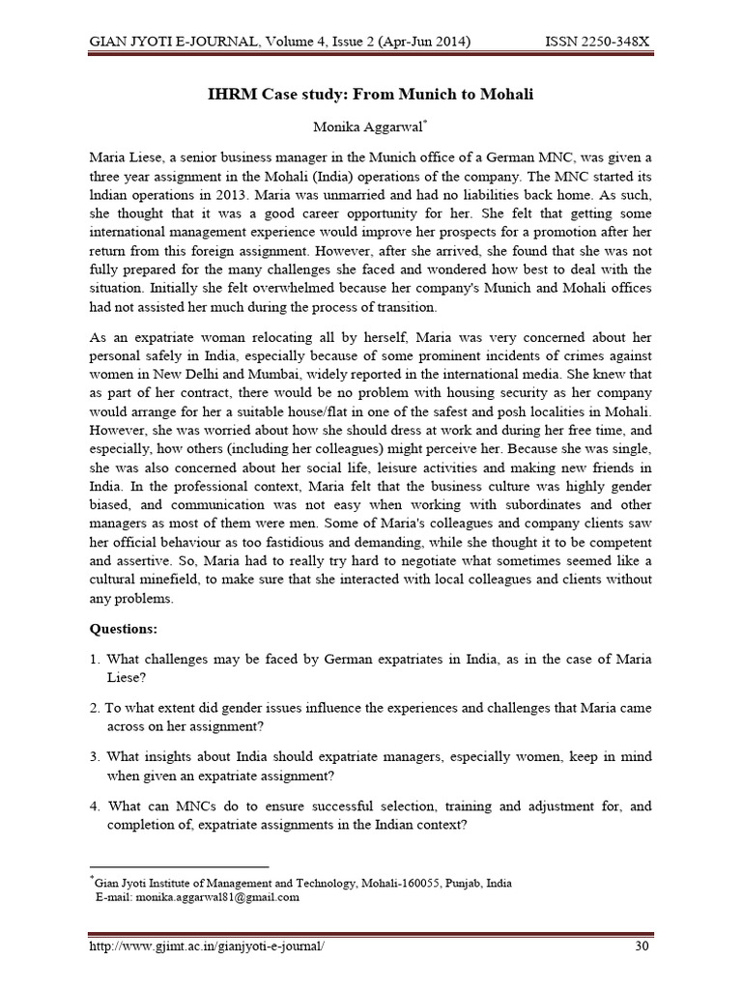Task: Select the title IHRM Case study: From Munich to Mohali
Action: pos(371,95)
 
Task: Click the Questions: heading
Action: pos(123,629)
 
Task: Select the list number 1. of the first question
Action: pos(94,659)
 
